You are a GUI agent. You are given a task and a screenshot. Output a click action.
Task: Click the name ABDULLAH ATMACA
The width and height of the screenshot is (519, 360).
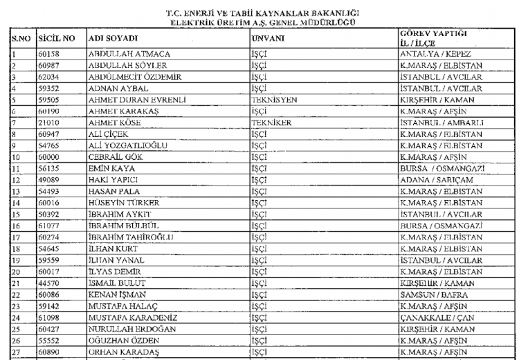coord(129,53)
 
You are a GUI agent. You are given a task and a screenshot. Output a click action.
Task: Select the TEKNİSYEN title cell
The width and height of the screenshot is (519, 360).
coord(274,99)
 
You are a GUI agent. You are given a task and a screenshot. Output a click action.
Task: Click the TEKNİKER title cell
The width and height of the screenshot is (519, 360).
coord(271,122)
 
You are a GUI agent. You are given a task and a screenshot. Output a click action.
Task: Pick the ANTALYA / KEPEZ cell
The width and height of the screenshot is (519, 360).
coord(436,53)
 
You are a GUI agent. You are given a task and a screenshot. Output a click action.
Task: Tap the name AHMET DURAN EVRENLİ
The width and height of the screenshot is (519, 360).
coord(138,99)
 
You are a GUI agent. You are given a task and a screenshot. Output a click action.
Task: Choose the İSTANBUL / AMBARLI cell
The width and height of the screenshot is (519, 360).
coord(441,122)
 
